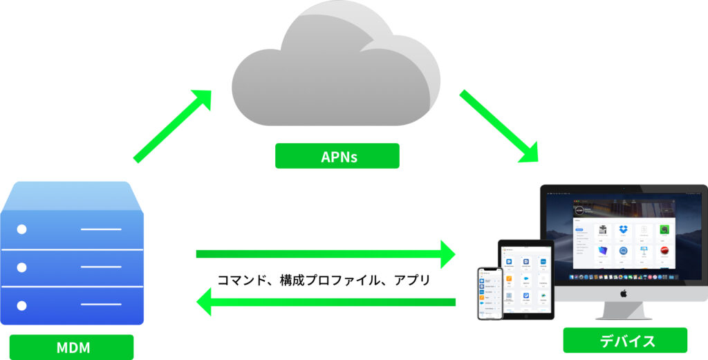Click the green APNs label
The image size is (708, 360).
click(x=337, y=156)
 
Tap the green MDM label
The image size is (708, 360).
click(x=72, y=347)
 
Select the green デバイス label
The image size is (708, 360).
click(x=625, y=340)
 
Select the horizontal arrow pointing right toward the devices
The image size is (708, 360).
click(x=325, y=254)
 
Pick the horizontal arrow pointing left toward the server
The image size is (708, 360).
click(x=325, y=301)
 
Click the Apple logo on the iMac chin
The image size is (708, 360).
click(x=623, y=294)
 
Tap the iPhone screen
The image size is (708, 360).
click(x=490, y=293)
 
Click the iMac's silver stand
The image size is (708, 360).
click(x=623, y=311)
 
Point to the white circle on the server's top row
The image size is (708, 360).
click(x=22, y=229)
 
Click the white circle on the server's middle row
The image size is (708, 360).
click(x=22, y=267)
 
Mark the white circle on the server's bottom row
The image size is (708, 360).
click(x=22, y=305)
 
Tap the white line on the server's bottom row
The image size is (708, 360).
click(x=100, y=305)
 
